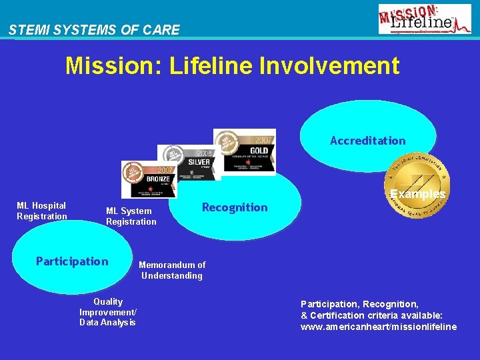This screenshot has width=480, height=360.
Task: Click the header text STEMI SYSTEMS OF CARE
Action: (x=94, y=30)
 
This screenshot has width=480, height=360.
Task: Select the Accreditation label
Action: (x=367, y=141)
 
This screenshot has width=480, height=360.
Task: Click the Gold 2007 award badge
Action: (x=244, y=151)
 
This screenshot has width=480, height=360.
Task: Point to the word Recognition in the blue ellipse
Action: (x=235, y=207)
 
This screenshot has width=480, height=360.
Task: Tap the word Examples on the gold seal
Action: (x=417, y=194)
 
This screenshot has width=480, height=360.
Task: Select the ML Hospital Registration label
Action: (x=42, y=211)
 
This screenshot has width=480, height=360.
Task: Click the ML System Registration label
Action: (x=131, y=216)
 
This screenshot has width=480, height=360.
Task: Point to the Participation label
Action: (x=72, y=261)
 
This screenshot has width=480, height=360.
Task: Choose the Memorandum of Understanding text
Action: (x=172, y=270)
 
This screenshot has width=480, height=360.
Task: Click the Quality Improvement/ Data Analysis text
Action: (x=107, y=312)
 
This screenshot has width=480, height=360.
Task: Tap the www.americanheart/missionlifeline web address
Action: (x=379, y=327)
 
